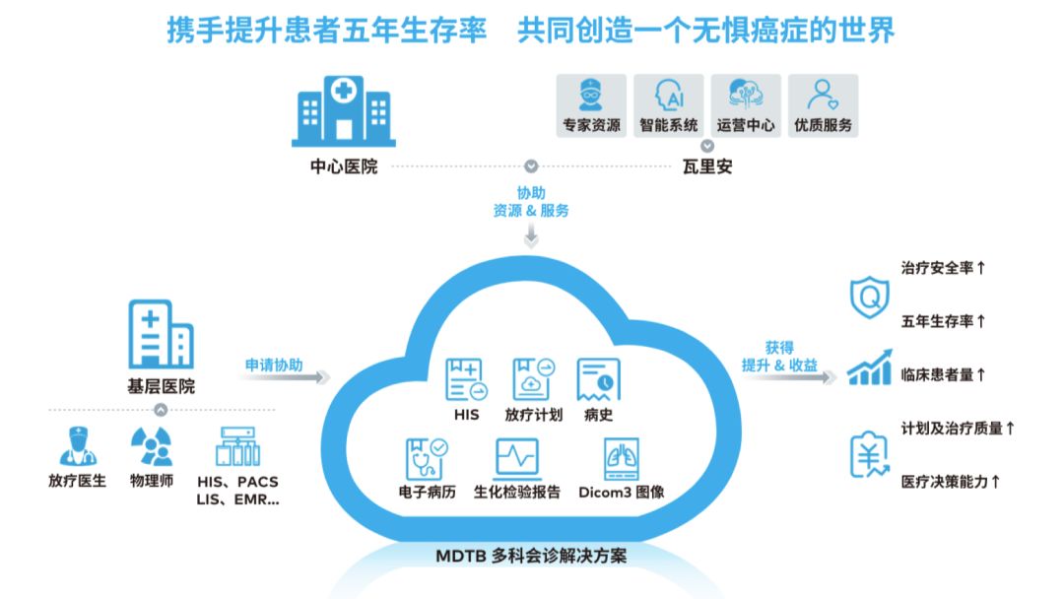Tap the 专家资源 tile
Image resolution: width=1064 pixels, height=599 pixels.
591,105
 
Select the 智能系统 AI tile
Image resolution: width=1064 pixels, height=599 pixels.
668,105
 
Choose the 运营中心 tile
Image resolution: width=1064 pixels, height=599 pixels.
746,105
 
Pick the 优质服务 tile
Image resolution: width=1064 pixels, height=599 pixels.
823,105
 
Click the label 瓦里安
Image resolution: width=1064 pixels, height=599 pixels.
707,166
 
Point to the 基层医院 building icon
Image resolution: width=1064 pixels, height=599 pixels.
161,334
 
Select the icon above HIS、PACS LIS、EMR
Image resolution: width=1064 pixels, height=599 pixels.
237,446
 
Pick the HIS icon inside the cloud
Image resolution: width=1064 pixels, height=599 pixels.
466,379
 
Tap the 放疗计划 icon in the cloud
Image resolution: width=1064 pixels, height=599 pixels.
533,379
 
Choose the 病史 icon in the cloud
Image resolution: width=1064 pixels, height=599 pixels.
598,379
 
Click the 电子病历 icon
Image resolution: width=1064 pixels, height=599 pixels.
427,459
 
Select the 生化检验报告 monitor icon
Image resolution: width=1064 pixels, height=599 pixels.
516,459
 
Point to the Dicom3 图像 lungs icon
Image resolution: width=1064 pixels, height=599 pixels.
622,459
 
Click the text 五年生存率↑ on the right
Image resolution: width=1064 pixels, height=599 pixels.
944,321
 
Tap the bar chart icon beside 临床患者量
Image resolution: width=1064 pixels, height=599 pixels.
869,368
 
